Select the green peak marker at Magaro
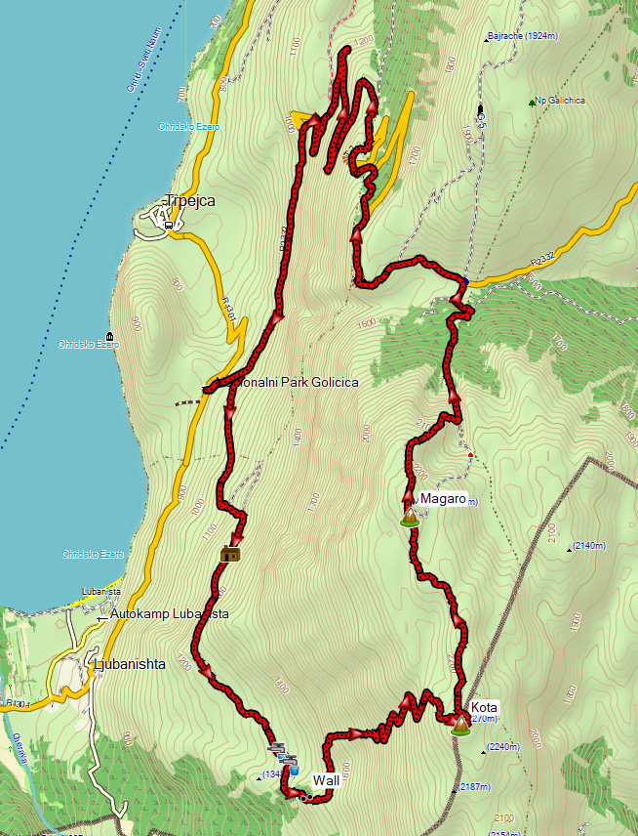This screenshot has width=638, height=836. pos(410,518)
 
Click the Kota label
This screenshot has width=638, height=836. pos(484,706)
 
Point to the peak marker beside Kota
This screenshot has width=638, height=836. pos(459,723)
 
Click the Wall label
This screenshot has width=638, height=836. pos(326,779)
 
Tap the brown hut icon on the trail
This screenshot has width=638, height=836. pos(230,555)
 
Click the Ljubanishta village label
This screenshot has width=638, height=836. pos(132,664)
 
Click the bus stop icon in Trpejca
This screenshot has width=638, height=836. pos(170,224)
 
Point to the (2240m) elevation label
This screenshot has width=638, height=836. pos(504,747)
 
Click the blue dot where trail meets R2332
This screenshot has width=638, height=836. pos(465,281)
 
